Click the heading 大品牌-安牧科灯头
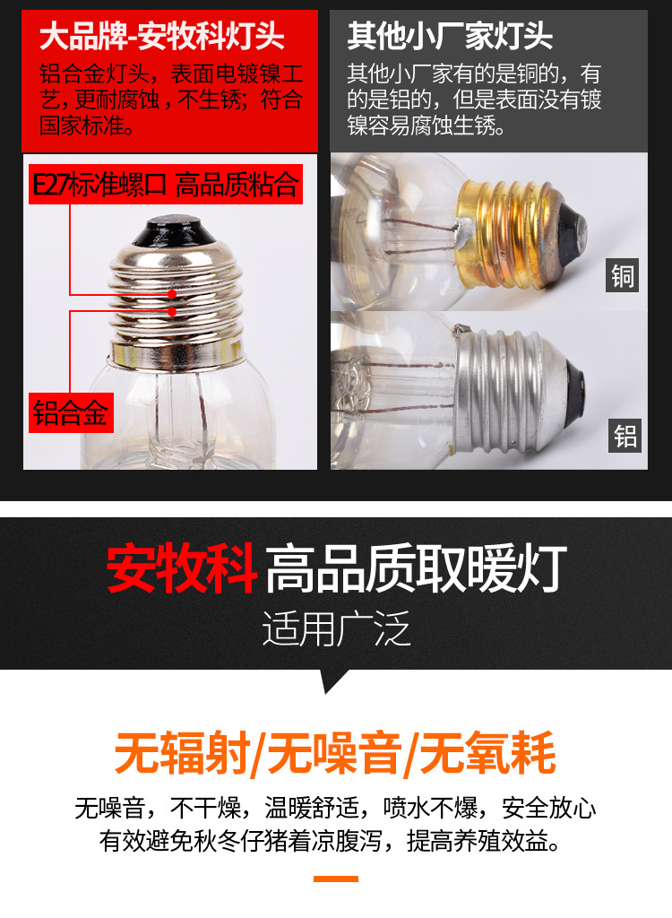coord(162,38)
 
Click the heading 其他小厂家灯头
coord(450,38)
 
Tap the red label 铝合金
coord(70,414)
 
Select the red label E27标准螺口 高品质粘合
coord(165,186)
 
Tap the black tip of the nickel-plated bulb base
coord(169,232)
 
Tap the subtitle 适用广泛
coord(336,629)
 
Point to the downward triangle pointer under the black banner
coord(335,681)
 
